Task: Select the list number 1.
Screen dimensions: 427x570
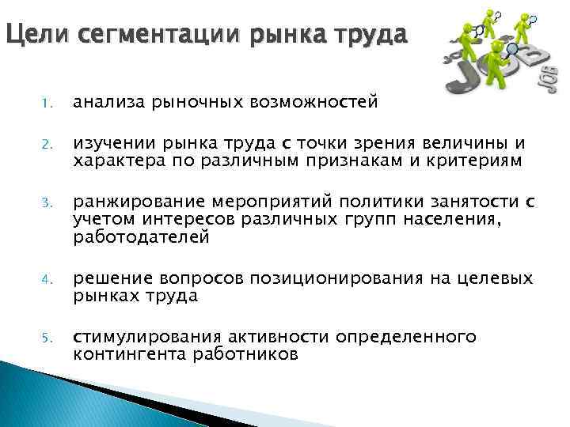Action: click(x=48, y=103)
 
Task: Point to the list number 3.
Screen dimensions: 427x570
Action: click(x=48, y=202)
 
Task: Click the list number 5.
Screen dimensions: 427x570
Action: click(x=48, y=338)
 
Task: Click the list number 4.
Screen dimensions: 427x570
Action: click(x=48, y=280)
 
